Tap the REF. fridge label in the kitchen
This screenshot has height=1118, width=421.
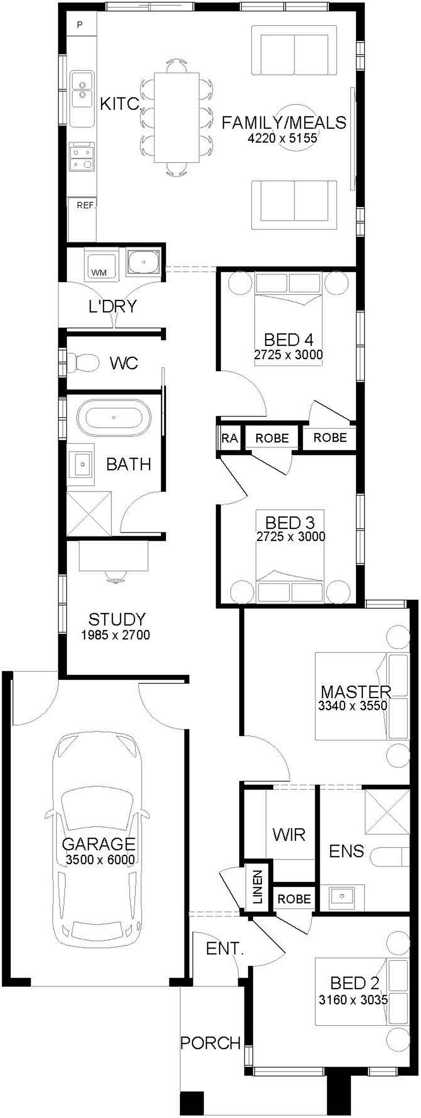pos(86,206)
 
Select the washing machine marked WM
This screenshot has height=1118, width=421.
pos(102,266)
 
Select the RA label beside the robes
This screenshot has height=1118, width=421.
pos(230,438)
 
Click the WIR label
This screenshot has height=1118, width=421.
pos(289,835)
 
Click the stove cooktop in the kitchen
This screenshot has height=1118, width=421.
pos(82,156)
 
